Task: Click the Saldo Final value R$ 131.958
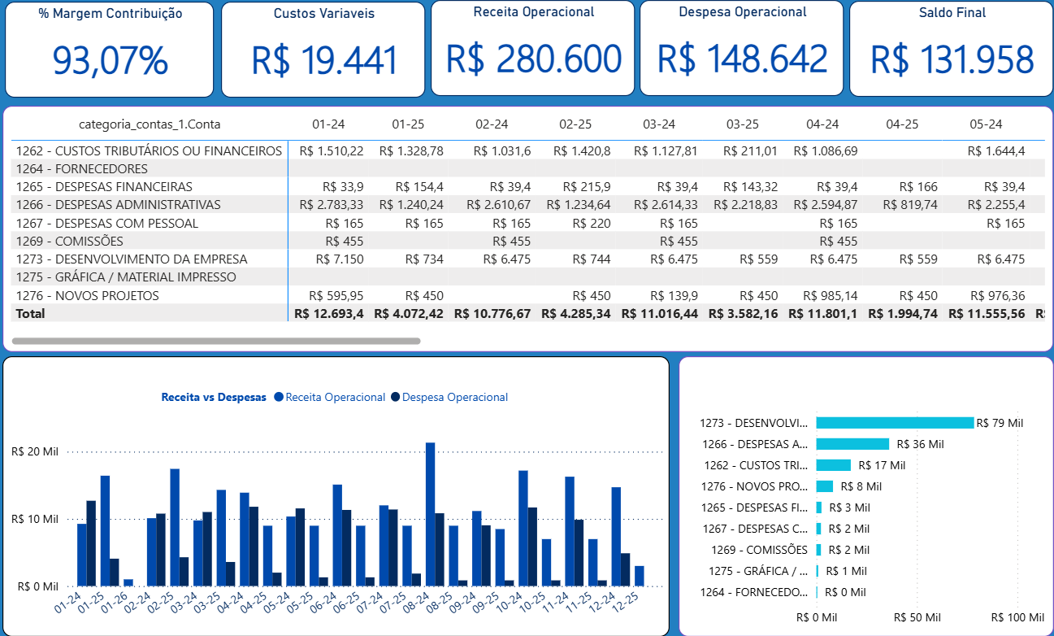coord(952,60)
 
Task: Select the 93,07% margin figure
coord(110,60)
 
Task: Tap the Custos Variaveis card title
coord(323,14)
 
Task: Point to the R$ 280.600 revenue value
coord(533,59)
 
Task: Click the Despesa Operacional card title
coord(743,12)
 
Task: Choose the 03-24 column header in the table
coord(659,124)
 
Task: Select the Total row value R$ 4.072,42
coord(409,313)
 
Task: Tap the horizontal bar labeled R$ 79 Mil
coord(894,423)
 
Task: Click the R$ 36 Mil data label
coord(920,444)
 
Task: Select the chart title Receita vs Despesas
coord(214,397)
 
